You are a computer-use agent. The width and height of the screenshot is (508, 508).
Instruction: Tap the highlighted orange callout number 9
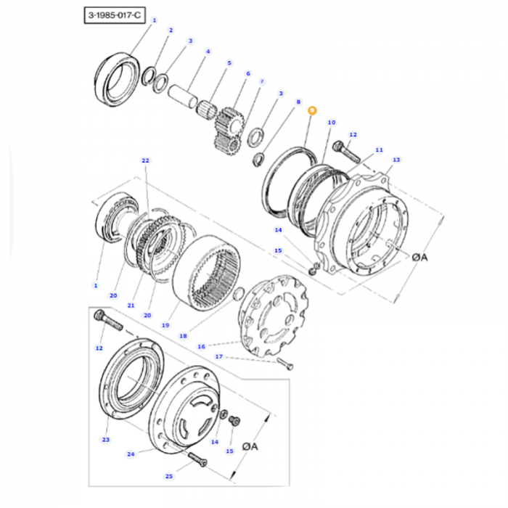click(x=312, y=110)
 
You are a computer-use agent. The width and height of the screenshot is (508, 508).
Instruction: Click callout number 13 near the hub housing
click(x=396, y=160)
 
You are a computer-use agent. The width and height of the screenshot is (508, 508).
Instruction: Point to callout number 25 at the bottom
click(x=168, y=477)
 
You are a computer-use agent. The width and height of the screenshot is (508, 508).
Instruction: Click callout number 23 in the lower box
click(x=105, y=439)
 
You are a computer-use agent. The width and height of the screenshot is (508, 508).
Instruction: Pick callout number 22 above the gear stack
click(x=144, y=160)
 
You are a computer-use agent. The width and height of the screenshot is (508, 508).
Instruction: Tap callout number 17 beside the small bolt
click(x=218, y=356)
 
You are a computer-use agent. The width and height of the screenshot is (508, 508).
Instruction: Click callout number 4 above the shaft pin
click(x=208, y=52)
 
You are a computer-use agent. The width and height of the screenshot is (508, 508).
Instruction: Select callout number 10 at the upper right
click(x=331, y=123)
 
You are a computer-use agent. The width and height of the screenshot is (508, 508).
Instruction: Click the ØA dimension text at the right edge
click(x=422, y=257)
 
